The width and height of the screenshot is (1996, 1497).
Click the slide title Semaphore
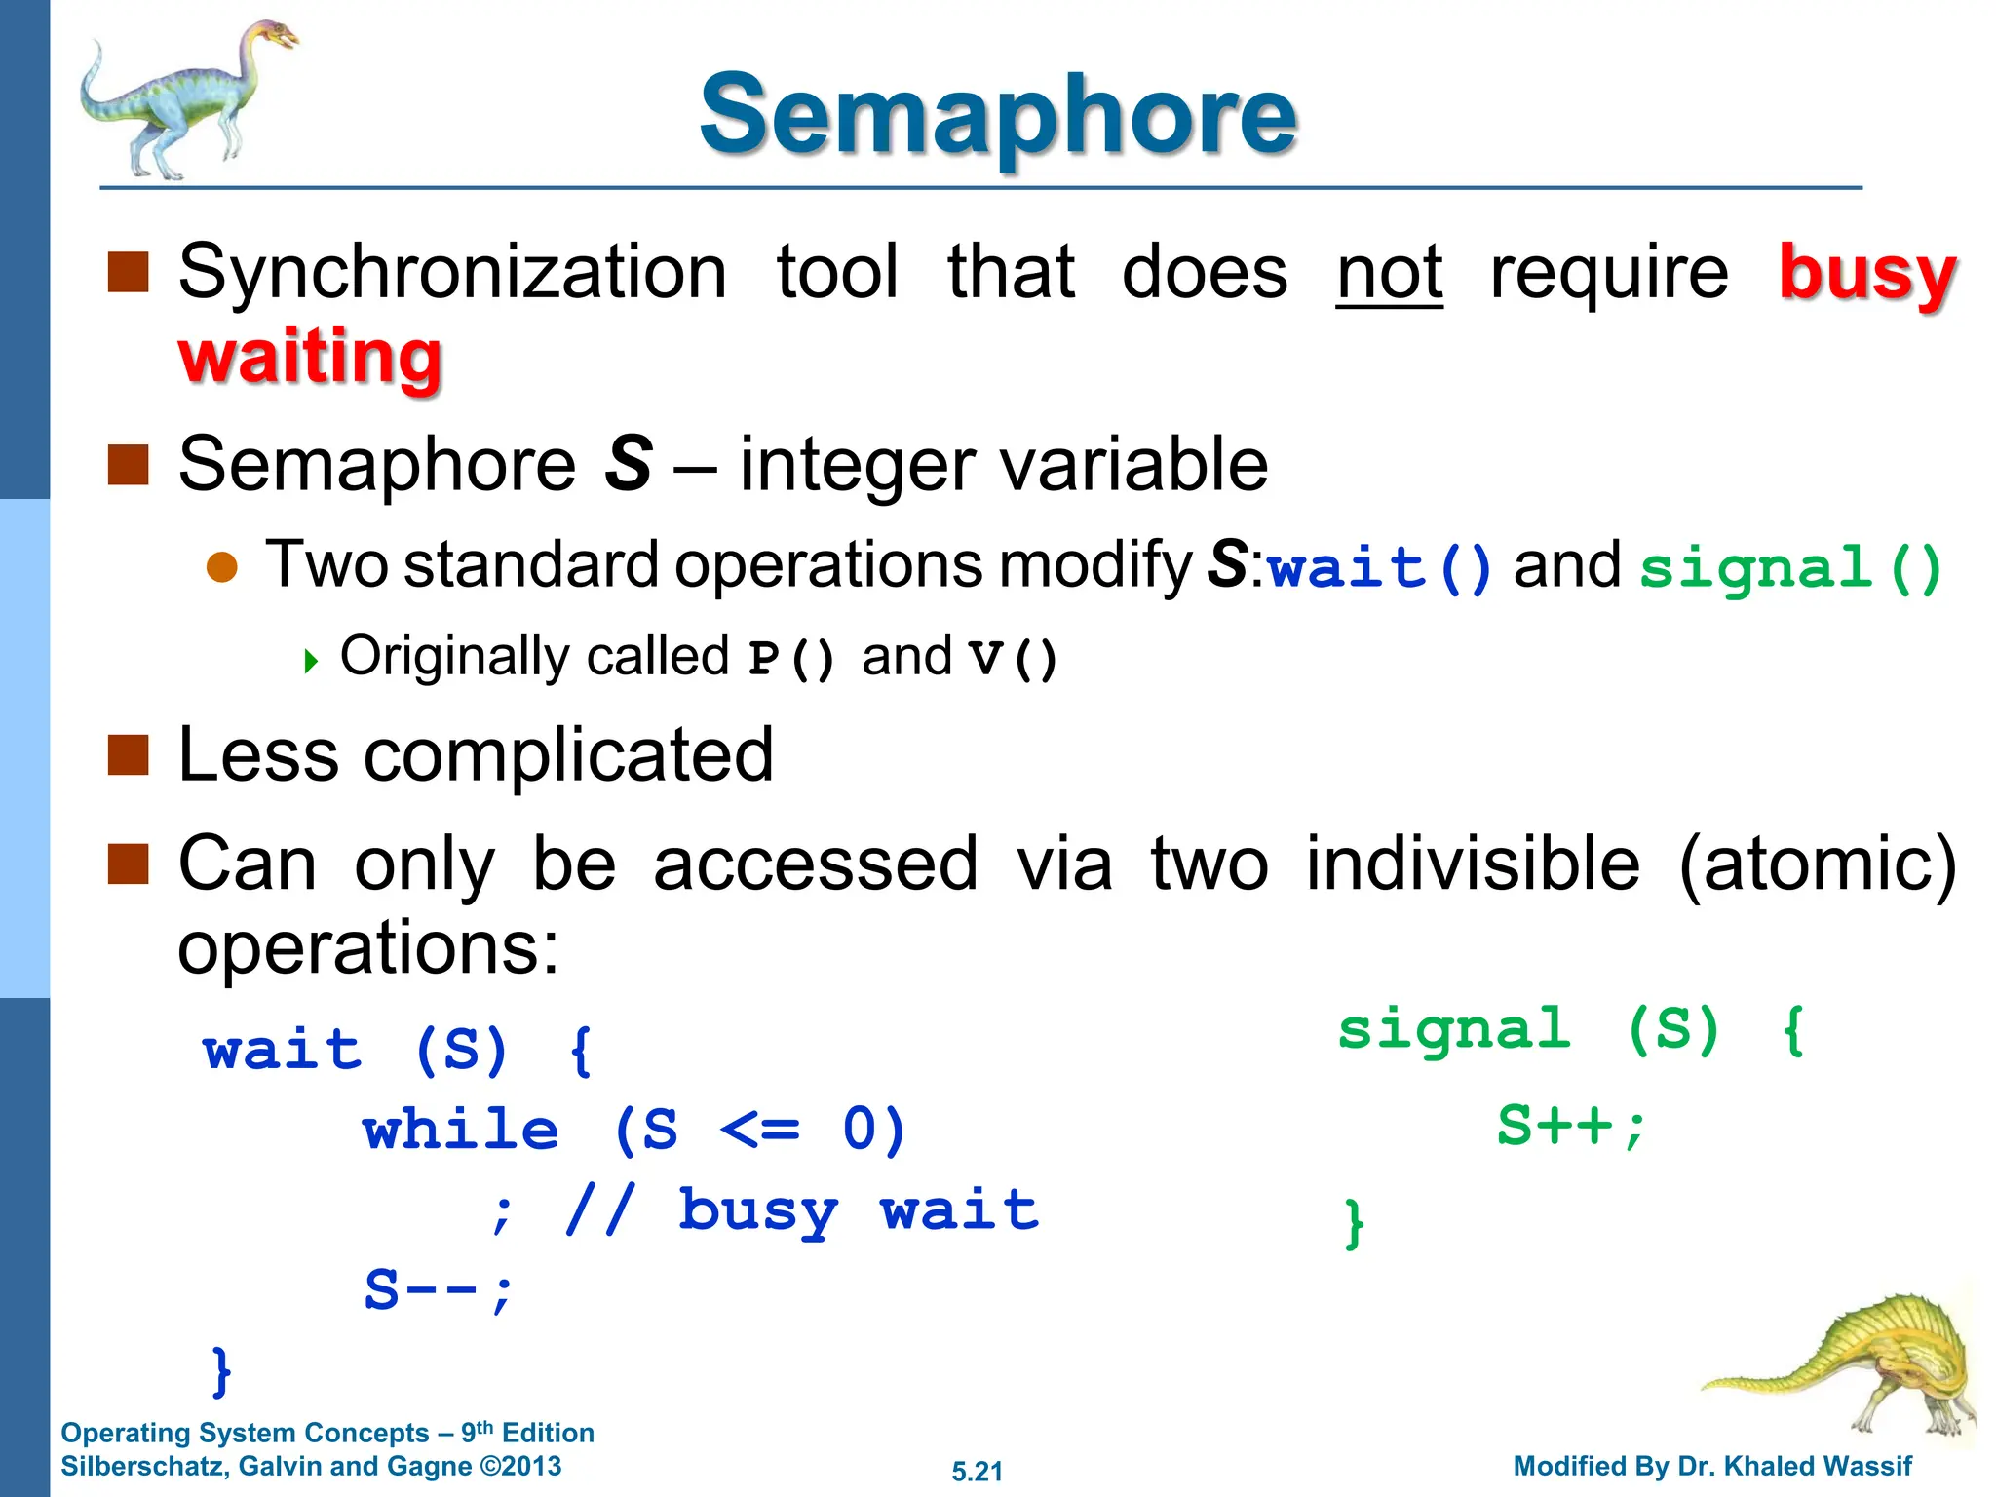(998, 115)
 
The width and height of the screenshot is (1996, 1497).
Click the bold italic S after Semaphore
(629, 464)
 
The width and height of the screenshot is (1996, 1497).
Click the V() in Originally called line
(1013, 658)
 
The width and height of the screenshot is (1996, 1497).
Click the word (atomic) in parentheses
(1817, 864)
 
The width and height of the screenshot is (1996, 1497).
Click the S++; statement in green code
(1570, 1126)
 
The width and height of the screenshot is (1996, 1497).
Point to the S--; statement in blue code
(438, 1290)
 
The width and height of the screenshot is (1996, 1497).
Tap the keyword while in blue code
(461, 1131)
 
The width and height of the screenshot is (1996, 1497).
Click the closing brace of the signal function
(1354, 1223)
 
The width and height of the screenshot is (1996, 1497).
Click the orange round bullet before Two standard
(222, 567)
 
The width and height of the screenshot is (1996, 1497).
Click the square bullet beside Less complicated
(128, 754)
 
